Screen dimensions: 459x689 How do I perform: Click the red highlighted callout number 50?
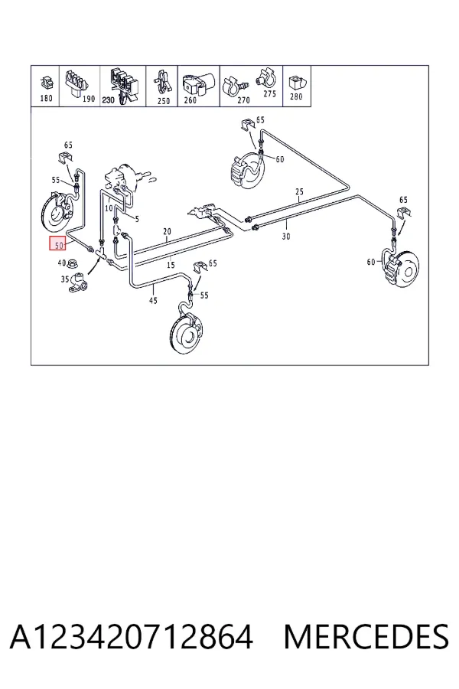pos(59,244)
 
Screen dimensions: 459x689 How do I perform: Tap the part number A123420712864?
pos(132,637)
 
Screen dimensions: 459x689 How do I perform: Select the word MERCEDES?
pos(366,637)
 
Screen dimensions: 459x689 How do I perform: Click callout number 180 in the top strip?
pos(46,98)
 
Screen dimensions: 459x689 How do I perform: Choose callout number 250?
pos(164,101)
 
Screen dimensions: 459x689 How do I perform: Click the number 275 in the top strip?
pos(270,93)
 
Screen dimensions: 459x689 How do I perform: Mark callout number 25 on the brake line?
pos(299,191)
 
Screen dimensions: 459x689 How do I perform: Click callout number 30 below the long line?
pos(286,237)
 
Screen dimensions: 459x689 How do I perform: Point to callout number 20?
pos(167,231)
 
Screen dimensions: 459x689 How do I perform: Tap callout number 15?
pos(171,265)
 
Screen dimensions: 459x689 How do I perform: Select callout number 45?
pos(153,301)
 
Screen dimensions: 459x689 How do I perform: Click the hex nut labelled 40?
pos(72,263)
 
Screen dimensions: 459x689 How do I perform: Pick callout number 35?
pos(64,279)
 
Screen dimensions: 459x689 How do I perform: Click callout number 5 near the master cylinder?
pos(137,219)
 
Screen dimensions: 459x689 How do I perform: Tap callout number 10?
pos(109,208)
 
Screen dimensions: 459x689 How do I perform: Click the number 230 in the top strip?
pos(108,100)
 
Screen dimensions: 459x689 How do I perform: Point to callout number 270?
pos(243,100)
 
